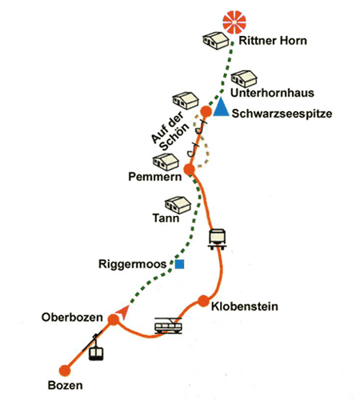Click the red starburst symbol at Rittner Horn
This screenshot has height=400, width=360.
(x=234, y=22)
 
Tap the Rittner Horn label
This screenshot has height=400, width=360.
(x=273, y=41)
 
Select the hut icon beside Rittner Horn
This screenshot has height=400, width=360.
(x=216, y=41)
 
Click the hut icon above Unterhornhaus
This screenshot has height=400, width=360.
(x=244, y=78)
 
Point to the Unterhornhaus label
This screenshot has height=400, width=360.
(x=272, y=93)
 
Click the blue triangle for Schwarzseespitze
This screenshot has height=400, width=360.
(x=221, y=107)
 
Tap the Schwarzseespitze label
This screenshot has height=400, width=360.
(x=282, y=114)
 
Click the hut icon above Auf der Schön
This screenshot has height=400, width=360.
(x=186, y=100)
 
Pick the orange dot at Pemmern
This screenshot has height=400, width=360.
(x=190, y=169)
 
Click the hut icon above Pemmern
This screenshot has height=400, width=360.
(x=166, y=162)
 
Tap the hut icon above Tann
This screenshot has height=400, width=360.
(x=178, y=205)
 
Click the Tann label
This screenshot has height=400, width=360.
(x=166, y=218)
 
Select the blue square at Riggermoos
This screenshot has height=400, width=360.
(x=179, y=264)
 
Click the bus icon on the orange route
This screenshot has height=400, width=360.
(x=218, y=238)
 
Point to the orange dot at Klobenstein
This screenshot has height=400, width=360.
(x=203, y=301)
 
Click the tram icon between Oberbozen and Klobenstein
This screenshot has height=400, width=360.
(x=169, y=326)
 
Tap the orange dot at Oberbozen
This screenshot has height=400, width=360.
(x=114, y=319)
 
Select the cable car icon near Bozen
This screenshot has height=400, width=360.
(x=95, y=348)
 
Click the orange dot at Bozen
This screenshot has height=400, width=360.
(x=65, y=370)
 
